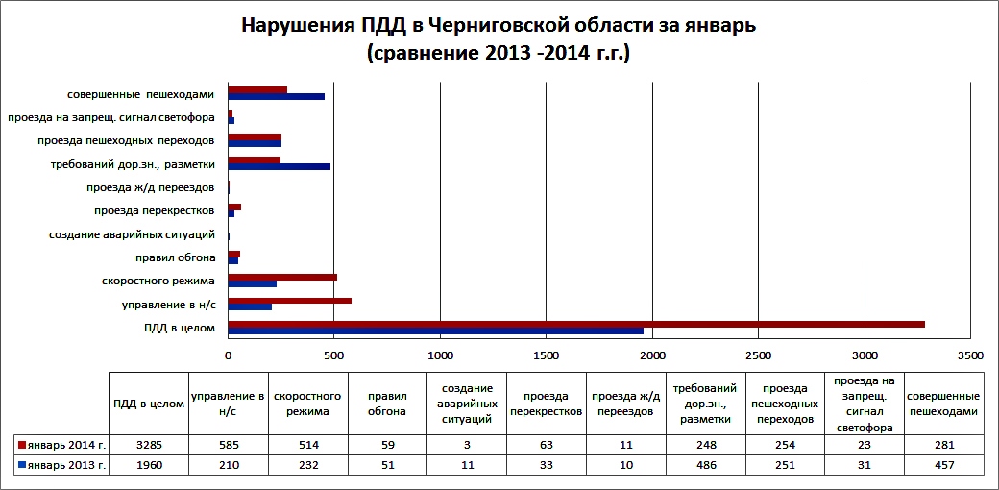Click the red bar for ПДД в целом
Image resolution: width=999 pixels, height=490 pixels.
point(576,324)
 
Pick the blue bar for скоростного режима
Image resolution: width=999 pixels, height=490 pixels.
point(253,284)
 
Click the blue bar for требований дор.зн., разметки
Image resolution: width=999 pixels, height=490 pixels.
point(280,166)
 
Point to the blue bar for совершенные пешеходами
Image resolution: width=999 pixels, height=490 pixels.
point(277,97)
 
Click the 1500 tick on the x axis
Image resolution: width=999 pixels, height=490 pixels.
point(547,355)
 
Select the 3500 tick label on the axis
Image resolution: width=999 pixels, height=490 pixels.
point(970,355)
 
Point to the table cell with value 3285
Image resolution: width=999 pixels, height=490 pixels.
point(150,446)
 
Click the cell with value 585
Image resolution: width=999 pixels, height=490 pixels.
point(229,446)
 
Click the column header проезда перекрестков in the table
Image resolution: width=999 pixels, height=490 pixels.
point(547,404)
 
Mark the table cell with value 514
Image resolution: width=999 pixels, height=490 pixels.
point(308,446)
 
